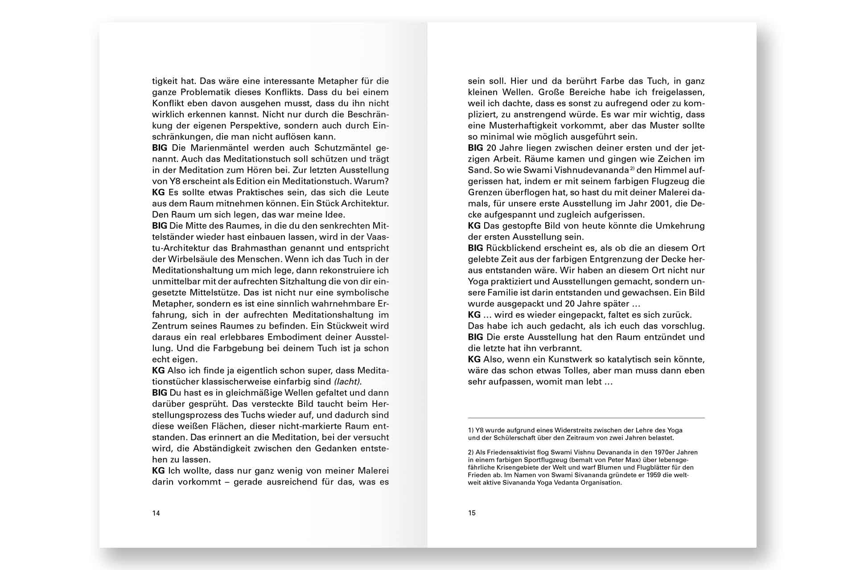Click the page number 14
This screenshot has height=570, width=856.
click(x=156, y=513)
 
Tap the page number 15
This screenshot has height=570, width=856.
click(x=472, y=513)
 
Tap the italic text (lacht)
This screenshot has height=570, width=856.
click(x=348, y=382)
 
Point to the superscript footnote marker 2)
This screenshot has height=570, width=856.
click(x=632, y=168)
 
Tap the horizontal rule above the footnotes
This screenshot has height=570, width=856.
click(x=586, y=418)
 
